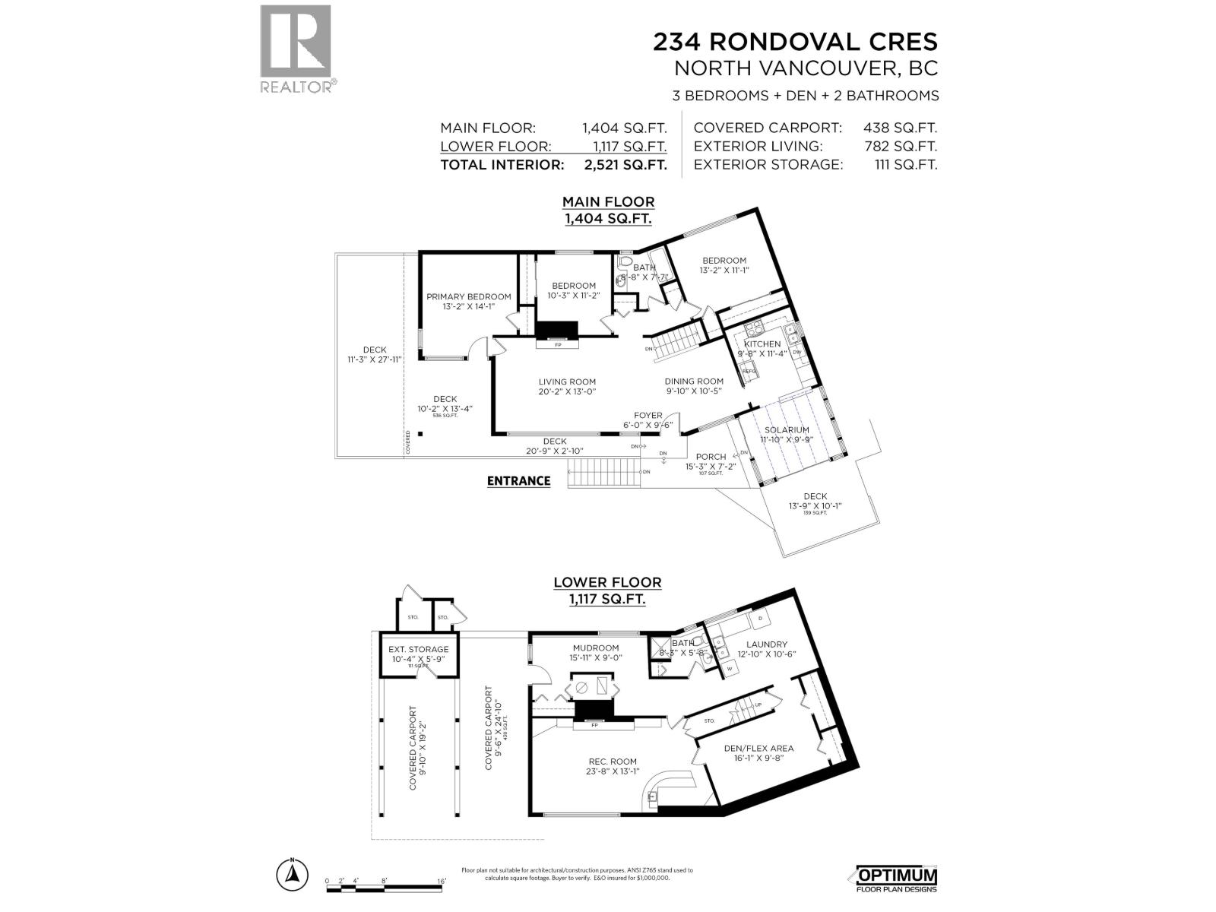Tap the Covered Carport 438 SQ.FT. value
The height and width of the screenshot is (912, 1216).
(x=900, y=128)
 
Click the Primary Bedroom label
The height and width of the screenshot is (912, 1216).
(x=468, y=296)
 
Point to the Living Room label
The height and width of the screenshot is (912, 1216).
(x=567, y=382)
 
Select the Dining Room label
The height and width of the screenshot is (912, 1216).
(x=694, y=382)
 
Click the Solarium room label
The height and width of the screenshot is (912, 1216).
(x=787, y=429)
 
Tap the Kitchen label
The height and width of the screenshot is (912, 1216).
(x=762, y=344)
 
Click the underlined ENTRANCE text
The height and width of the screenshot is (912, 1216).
(x=518, y=480)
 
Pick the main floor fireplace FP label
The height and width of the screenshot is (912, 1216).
(x=557, y=345)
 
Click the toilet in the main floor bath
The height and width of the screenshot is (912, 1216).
(x=625, y=263)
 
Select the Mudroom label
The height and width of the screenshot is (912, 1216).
(x=596, y=648)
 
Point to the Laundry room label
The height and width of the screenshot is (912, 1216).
(x=767, y=644)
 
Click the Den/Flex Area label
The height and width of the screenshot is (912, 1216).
(x=758, y=748)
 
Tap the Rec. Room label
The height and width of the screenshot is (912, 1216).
(x=613, y=761)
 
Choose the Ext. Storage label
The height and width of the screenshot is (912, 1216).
(x=418, y=649)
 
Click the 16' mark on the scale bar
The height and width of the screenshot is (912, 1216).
(x=442, y=881)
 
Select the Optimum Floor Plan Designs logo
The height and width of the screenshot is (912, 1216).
(x=897, y=879)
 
